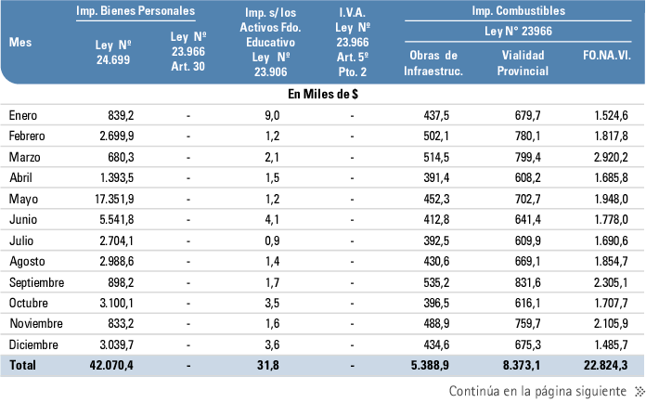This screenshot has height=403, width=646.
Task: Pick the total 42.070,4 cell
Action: click(x=107, y=366)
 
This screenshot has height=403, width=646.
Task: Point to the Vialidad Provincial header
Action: click(x=523, y=63)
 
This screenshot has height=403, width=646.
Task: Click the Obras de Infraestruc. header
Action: click(x=434, y=63)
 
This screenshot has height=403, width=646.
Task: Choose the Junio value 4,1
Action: click(x=271, y=219)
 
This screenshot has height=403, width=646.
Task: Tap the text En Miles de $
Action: click(x=322, y=94)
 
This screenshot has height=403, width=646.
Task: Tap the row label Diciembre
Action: click(x=33, y=344)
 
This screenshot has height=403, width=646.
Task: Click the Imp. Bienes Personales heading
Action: click(x=136, y=12)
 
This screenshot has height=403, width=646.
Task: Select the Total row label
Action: click(x=23, y=366)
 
